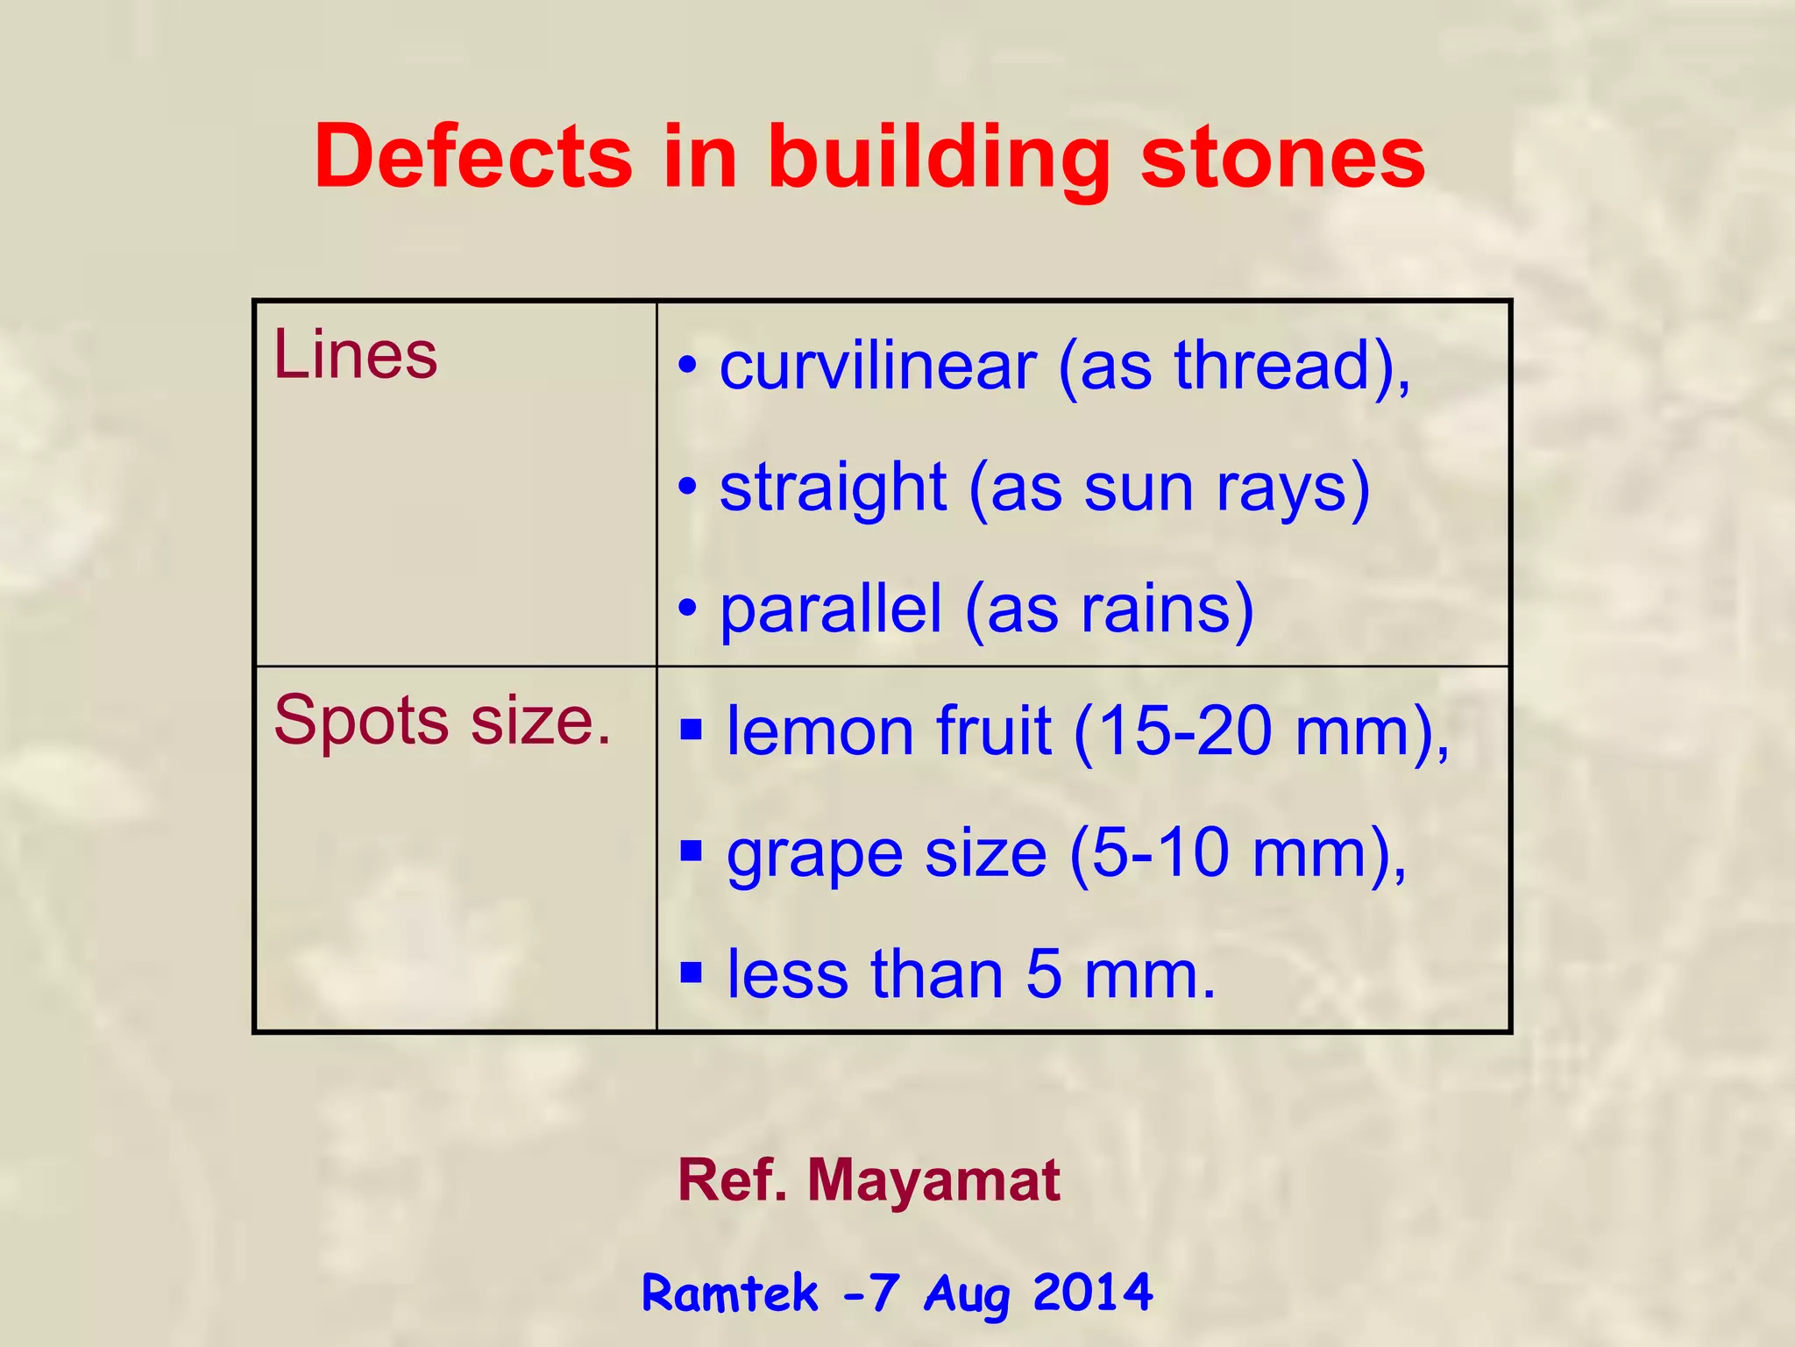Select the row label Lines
355,355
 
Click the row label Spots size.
442,721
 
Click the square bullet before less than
691,972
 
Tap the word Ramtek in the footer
730,1293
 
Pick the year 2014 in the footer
1092,1292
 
